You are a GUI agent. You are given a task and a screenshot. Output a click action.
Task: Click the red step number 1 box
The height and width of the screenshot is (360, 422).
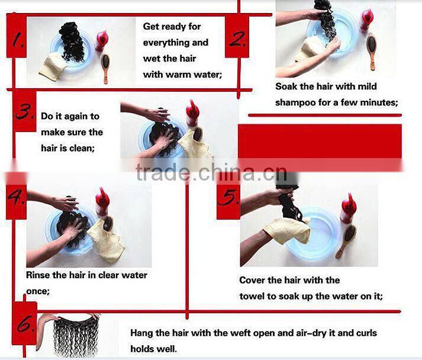tap(17, 36)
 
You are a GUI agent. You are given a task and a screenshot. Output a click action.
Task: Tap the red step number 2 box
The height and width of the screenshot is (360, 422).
tap(237, 36)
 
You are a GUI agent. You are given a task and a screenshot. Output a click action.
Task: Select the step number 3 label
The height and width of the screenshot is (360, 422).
tap(24, 111)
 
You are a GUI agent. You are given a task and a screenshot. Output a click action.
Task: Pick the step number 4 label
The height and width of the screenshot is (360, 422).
tap(16, 198)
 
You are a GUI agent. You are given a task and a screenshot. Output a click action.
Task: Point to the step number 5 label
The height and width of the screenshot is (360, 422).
tap(228, 198)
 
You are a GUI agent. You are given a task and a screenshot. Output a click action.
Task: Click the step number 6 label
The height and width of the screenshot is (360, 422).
tap(24, 323)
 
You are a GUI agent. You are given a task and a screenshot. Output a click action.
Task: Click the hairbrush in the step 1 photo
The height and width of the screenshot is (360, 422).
tap(105, 69)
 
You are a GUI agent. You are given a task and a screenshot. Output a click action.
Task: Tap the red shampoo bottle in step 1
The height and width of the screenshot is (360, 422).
tap(102, 41)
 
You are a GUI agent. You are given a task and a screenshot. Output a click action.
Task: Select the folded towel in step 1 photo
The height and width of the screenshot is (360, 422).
tap(51, 66)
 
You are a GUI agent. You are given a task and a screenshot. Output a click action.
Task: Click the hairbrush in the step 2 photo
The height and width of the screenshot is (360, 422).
tap(372, 52)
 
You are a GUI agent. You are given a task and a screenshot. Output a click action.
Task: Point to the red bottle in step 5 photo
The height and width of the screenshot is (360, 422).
tap(349, 208)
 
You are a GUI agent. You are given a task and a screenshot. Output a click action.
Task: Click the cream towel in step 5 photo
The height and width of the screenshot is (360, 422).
tap(287, 231)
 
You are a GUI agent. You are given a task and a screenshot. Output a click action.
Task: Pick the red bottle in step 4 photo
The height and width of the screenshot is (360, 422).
tap(102, 202)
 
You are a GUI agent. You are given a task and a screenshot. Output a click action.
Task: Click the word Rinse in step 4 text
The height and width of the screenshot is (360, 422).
tap(38, 275)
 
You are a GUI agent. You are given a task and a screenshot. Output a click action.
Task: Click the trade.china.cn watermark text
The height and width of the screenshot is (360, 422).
tap(211, 172)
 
